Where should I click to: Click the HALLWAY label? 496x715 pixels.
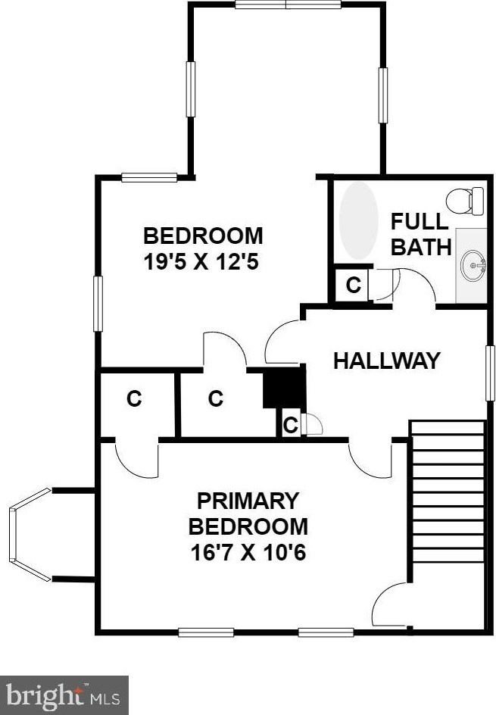coord(386,361)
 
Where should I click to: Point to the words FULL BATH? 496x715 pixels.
coord(420,234)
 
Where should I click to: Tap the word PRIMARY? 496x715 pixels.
coord(248,501)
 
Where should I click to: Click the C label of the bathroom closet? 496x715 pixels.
coord(353,286)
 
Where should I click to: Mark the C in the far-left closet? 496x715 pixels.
coord(134,398)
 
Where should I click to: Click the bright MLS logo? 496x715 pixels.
coord(64,695)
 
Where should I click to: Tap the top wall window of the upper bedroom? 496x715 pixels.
coord(287,5)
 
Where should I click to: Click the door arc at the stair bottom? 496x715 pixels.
coord(390,605)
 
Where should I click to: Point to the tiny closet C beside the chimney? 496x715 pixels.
coord(290,426)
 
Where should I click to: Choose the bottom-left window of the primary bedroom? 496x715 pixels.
coord(206,632)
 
